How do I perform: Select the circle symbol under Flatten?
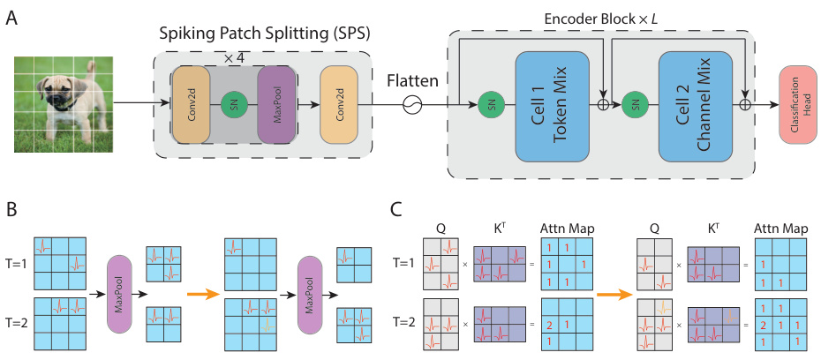pyautogui.click(x=409, y=105)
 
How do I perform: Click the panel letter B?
pyautogui.click(x=11, y=211)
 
